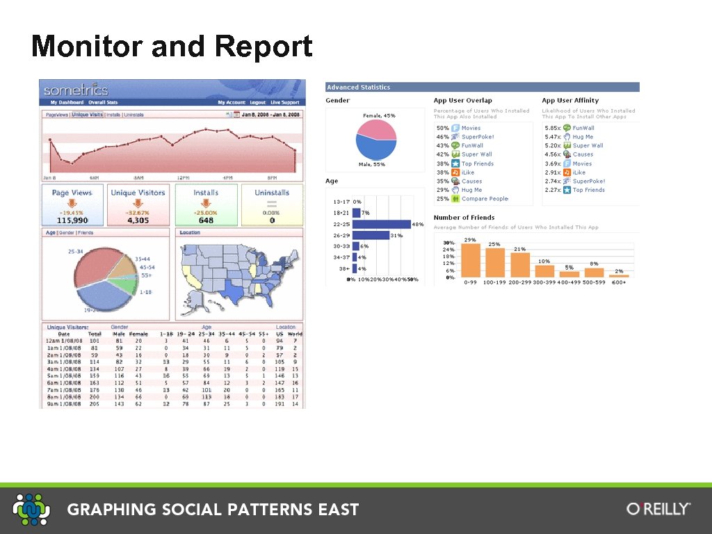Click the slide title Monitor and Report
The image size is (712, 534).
coord(172,47)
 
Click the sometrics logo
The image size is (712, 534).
coord(76,90)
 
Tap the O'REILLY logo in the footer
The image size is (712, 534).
coord(658,509)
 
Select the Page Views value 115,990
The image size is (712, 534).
coord(72,220)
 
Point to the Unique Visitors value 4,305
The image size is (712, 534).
coord(138,220)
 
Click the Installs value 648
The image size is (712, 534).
coord(206,220)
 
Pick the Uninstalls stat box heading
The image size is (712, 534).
coord(272,193)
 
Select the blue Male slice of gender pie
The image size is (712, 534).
coord(373,148)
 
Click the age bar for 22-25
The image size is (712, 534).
coord(381,225)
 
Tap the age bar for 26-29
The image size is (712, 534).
coord(371,236)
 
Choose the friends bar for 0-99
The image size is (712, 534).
coord(471,261)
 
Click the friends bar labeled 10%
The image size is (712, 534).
coord(544,271)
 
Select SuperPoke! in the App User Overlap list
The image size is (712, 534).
coord(478,137)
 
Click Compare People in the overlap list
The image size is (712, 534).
coord(485,199)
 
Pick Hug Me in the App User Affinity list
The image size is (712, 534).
coord(583,137)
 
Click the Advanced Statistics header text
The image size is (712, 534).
coord(359,88)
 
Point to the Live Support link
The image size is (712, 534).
coord(286,102)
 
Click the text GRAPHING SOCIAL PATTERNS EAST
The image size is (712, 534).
coord(213,510)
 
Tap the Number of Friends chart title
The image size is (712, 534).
coord(464,218)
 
